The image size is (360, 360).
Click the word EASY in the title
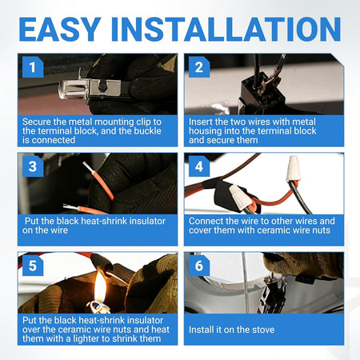[60, 30]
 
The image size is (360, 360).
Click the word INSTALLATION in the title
[226, 30]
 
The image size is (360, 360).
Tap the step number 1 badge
[33, 67]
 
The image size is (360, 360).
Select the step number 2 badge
[199, 67]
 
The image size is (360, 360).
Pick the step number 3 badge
[33, 166]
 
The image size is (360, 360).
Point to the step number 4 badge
[199, 166]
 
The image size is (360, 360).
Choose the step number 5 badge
[33, 266]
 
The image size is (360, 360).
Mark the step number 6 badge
[199, 266]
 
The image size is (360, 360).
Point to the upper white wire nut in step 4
[292, 169]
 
